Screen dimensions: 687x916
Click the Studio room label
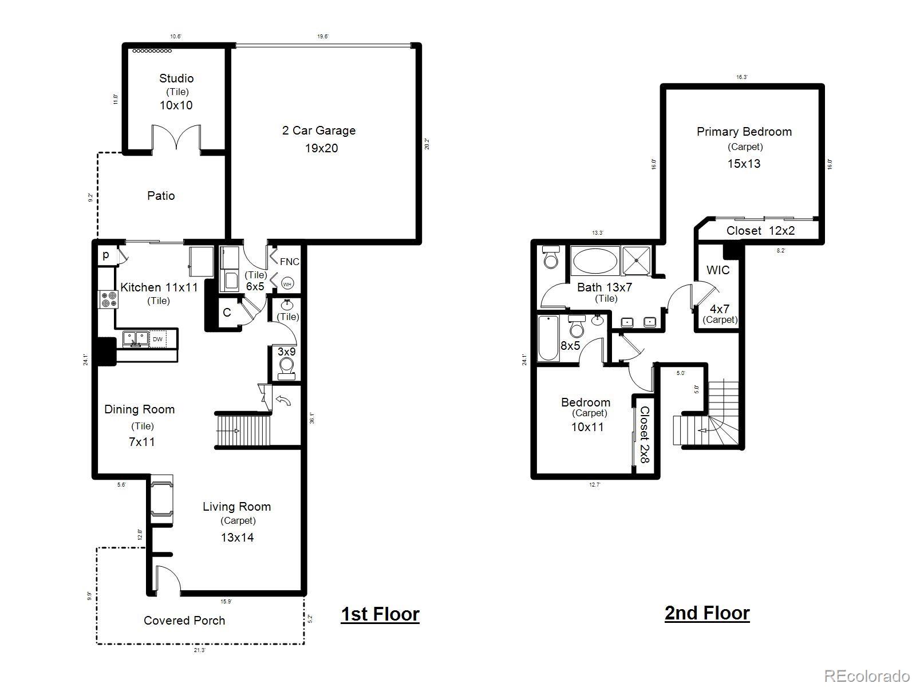click(176, 78)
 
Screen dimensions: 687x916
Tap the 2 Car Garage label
click(319, 131)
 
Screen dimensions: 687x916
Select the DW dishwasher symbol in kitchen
click(157, 339)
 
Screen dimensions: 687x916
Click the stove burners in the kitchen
click(107, 299)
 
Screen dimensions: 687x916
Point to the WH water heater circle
click(287, 284)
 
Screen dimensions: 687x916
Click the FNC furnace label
click(289, 262)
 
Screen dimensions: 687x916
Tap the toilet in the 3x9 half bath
click(286, 366)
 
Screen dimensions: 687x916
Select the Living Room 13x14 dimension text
click(237, 537)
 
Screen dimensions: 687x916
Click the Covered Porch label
click(184, 621)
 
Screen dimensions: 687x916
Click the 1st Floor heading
click(380, 614)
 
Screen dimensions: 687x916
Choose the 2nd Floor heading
click(707, 613)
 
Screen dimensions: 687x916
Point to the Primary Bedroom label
click(744, 132)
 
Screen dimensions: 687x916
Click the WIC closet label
click(717, 270)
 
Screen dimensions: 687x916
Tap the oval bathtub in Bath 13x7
click(595, 262)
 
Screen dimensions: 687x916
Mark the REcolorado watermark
click(867, 676)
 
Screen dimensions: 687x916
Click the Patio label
click(161, 196)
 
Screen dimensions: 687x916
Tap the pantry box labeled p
click(106, 255)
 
